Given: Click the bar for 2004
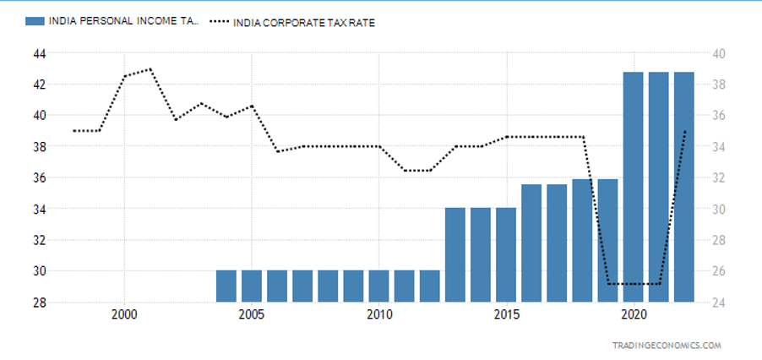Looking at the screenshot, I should [226, 286].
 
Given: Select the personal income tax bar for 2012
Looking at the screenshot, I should [430, 286].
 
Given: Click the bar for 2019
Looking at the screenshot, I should [608, 241].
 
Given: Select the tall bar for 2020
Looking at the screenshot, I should [634, 187].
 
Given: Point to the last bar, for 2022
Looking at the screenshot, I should [684, 187].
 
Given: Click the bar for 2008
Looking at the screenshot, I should [328, 286].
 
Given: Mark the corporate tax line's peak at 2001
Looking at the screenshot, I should [150, 69].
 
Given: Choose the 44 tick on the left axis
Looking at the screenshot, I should [37, 53].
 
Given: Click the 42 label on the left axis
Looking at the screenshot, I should [37, 85].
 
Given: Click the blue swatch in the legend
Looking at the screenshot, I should [36, 23].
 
